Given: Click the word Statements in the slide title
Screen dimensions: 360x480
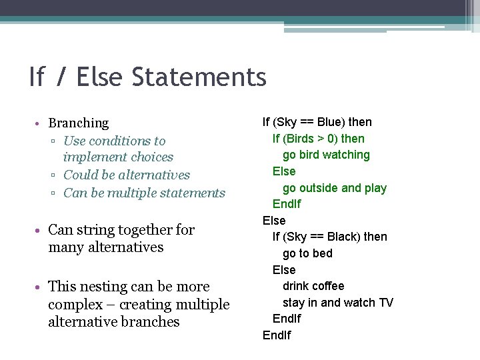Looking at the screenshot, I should (x=199, y=77).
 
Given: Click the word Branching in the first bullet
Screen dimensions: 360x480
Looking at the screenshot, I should (x=78, y=123).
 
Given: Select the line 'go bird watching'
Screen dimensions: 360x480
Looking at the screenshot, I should (x=326, y=155).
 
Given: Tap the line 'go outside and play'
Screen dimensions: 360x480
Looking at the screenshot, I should (x=334, y=188).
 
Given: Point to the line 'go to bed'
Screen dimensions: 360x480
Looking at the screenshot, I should (x=307, y=253).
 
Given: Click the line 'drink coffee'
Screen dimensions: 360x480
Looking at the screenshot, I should (x=313, y=286).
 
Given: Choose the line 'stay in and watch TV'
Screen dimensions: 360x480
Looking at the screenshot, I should (x=337, y=303).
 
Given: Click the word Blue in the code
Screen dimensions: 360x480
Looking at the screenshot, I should (x=329, y=122).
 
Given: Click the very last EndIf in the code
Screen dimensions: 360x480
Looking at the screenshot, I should (x=277, y=335).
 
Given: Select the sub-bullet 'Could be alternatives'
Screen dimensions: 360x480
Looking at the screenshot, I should (x=126, y=175).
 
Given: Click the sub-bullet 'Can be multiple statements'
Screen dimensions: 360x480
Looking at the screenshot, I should (x=144, y=193).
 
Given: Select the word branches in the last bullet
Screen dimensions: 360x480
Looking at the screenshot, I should (x=151, y=322).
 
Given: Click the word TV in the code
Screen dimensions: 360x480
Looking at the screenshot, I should (x=386, y=303).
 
